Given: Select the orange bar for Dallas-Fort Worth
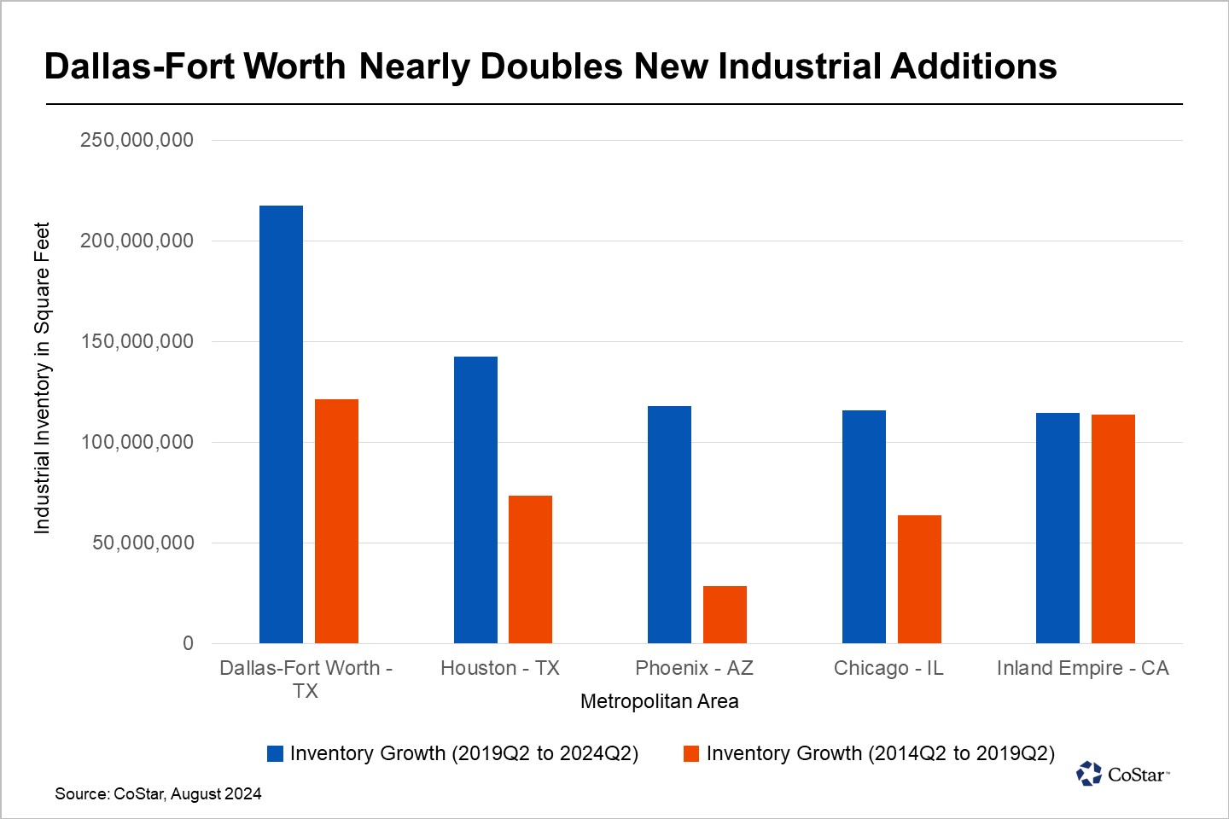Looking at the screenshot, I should pyautogui.click(x=336, y=520).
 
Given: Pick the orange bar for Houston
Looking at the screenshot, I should pyautogui.click(x=530, y=569).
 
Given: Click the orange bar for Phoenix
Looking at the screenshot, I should pyautogui.click(x=725, y=614).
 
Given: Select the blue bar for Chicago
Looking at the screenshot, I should pyautogui.click(x=864, y=526).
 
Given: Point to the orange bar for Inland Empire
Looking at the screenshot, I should pyautogui.click(x=1113, y=529).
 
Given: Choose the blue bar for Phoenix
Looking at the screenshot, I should pyautogui.click(x=669, y=525).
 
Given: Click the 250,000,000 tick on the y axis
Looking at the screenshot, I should pyautogui.click(x=137, y=140).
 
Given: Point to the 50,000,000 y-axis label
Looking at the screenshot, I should pyautogui.click(x=143, y=543).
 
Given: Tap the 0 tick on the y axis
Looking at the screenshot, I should pyautogui.click(x=188, y=643).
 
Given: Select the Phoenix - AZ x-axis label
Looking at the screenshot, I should pyautogui.click(x=694, y=668).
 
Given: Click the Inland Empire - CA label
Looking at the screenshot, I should pyautogui.click(x=1082, y=668).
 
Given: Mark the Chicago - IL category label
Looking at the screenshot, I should pyautogui.click(x=888, y=668).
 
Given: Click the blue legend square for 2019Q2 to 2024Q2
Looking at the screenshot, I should pyautogui.click(x=275, y=753).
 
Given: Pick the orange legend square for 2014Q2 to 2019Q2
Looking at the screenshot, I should pyautogui.click(x=691, y=753).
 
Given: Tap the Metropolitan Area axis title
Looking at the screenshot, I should pyautogui.click(x=659, y=701).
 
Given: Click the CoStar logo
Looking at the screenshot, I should pyautogui.click(x=1121, y=774).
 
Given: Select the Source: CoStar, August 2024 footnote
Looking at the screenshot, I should pyautogui.click(x=158, y=793).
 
